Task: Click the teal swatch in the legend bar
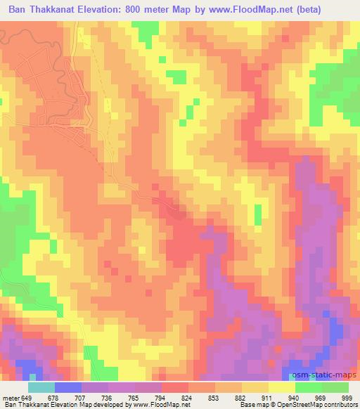click(41, 387)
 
